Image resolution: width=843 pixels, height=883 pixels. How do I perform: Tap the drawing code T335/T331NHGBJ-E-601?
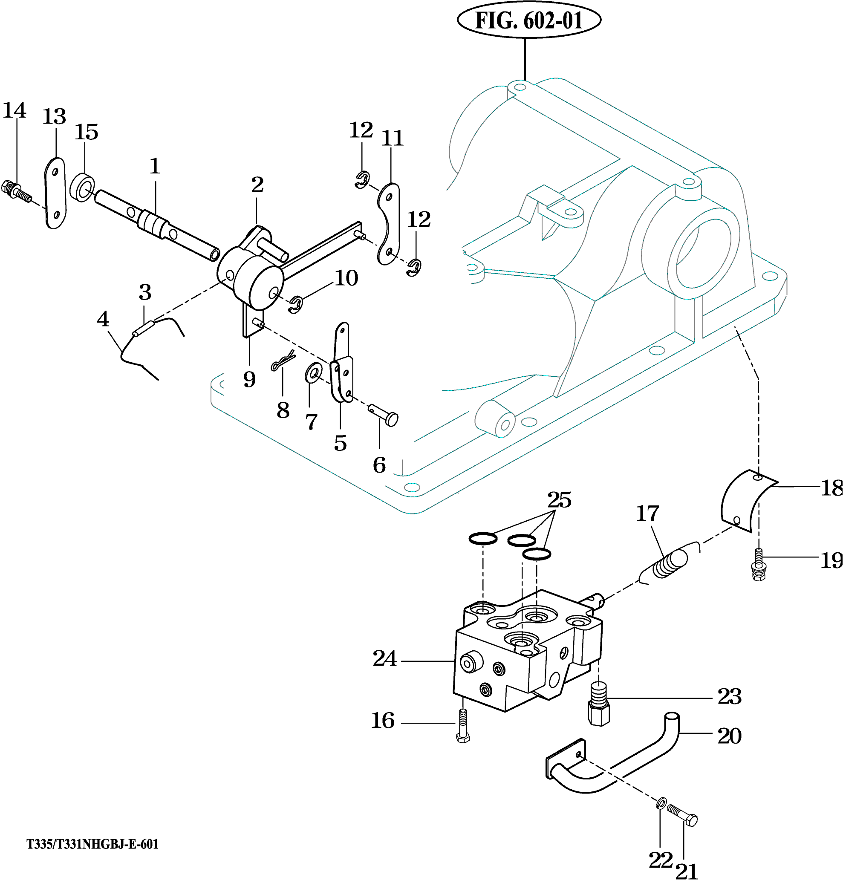[92, 844]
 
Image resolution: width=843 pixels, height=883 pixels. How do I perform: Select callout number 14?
[14, 110]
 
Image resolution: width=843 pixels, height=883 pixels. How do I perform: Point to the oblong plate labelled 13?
[56, 193]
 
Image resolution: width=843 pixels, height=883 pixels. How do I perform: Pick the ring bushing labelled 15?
[82, 187]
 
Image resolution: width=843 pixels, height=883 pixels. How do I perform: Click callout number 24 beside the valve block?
[385, 659]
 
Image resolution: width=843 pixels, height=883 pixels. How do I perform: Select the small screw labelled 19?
[759, 565]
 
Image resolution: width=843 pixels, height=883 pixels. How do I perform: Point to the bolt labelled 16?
[463, 725]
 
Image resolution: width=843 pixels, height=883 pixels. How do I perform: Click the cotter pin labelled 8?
[283, 361]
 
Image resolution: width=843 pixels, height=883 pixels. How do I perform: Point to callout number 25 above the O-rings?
[559, 500]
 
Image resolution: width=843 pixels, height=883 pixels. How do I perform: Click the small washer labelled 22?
[660, 802]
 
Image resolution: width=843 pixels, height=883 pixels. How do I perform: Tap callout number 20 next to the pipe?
[729, 736]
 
